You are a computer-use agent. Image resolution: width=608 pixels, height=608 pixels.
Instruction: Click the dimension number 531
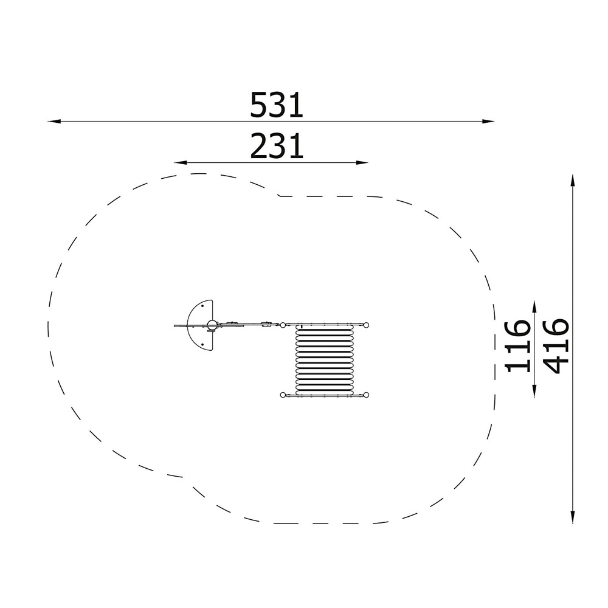pyautogui.click(x=276, y=105)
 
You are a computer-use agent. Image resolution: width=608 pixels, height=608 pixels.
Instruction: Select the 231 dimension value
pyautogui.click(x=276, y=146)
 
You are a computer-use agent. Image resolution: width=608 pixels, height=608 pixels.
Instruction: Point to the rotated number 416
pyautogui.click(x=557, y=346)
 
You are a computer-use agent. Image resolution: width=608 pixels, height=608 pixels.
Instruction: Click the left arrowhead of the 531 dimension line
pyautogui.click(x=54, y=122)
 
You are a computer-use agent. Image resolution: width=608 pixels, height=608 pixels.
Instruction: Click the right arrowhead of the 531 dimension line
pyautogui.click(x=488, y=122)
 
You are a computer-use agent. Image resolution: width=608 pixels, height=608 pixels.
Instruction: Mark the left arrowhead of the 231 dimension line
pyautogui.click(x=181, y=162)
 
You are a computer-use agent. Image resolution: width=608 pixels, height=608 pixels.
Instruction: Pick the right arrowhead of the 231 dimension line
pyautogui.click(x=362, y=162)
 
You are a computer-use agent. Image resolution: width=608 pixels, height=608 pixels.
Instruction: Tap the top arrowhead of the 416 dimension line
pyautogui.click(x=573, y=181)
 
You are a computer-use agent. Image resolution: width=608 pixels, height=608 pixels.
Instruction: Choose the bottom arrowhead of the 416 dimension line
pyautogui.click(x=573, y=517)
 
